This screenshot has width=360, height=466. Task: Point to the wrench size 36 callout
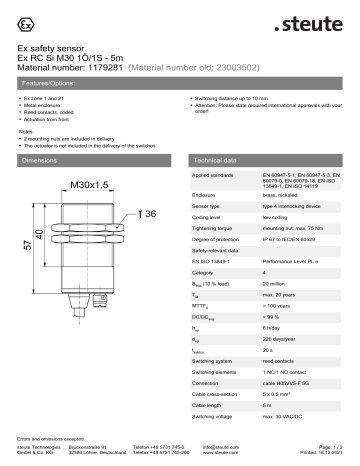point(149,214)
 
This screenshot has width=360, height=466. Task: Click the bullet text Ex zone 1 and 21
point(47,102)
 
